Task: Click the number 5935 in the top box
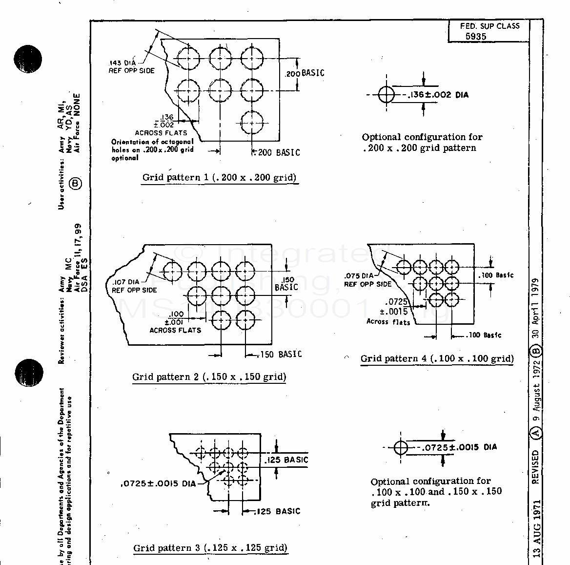click(x=475, y=37)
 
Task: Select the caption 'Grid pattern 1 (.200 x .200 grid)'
click(x=219, y=178)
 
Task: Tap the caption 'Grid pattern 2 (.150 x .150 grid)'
click(x=209, y=377)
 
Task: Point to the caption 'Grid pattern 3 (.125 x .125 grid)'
click(x=210, y=548)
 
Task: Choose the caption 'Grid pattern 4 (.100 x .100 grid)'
click(x=437, y=359)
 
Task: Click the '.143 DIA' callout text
click(x=122, y=63)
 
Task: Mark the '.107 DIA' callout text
click(x=125, y=282)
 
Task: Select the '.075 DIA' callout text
click(x=359, y=276)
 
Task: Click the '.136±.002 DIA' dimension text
click(x=437, y=95)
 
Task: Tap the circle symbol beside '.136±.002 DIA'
click(x=386, y=95)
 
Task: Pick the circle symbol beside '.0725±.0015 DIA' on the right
click(x=401, y=447)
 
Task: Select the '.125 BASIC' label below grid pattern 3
click(x=278, y=511)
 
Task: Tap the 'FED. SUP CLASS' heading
click(x=489, y=26)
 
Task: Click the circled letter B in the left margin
click(x=76, y=184)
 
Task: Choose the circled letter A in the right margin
click(x=536, y=433)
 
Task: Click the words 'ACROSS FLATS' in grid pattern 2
click(x=175, y=330)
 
